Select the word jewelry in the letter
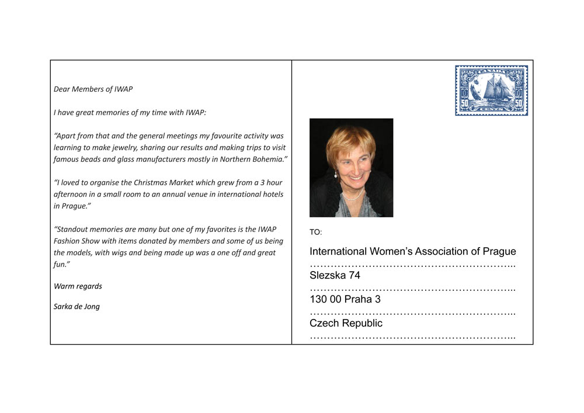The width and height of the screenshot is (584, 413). pos(126,148)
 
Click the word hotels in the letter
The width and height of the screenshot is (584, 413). pos(270,195)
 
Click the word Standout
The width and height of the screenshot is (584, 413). pos(72,230)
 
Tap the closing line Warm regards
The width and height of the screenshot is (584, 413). pos(78,286)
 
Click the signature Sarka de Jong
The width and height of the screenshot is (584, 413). pos(77,307)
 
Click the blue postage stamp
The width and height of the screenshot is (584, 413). pos(491,91)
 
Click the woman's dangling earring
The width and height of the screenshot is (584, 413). pos(336,173)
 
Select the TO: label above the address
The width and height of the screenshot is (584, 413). pos(315,232)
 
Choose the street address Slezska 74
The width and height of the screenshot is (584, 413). pos(335,276)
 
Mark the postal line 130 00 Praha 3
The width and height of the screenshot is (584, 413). pos(345,300)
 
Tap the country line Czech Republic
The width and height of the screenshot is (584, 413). pos(346,324)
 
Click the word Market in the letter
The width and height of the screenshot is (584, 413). pos(186,183)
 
